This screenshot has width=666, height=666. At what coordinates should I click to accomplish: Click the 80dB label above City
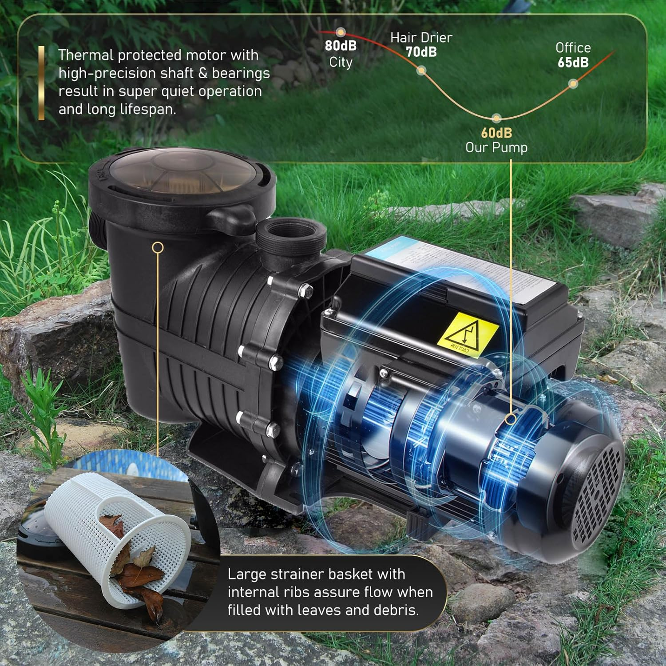pos(341,46)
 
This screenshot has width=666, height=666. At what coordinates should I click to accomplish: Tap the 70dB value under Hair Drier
pos(421,52)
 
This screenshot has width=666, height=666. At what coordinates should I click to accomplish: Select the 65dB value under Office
pos(573,63)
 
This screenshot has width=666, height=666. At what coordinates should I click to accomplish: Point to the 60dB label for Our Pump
pos(496,133)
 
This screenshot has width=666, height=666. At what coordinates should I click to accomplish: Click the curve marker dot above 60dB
pos(496,118)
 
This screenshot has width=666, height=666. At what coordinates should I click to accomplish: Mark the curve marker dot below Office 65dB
pos(573,83)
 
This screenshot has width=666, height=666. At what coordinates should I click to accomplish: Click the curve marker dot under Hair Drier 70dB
pos(421,70)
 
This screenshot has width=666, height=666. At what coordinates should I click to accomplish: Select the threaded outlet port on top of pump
pos(291,235)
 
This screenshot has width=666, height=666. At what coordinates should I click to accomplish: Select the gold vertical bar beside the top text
pos(41,83)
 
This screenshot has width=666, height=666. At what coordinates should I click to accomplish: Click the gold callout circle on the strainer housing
pos(158,248)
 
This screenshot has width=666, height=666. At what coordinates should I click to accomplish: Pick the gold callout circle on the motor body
pos(511,418)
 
